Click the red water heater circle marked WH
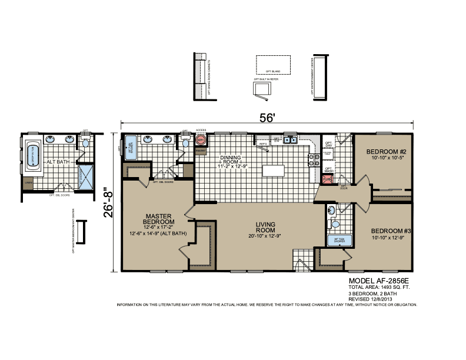tap(201, 141)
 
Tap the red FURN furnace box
tap(328, 179)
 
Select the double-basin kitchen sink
tap(289, 140)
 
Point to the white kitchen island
tap(272, 171)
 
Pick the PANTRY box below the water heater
tap(201, 151)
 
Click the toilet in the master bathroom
tap(187, 142)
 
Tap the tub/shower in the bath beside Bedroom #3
tap(339, 239)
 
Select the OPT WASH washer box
tap(328, 169)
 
